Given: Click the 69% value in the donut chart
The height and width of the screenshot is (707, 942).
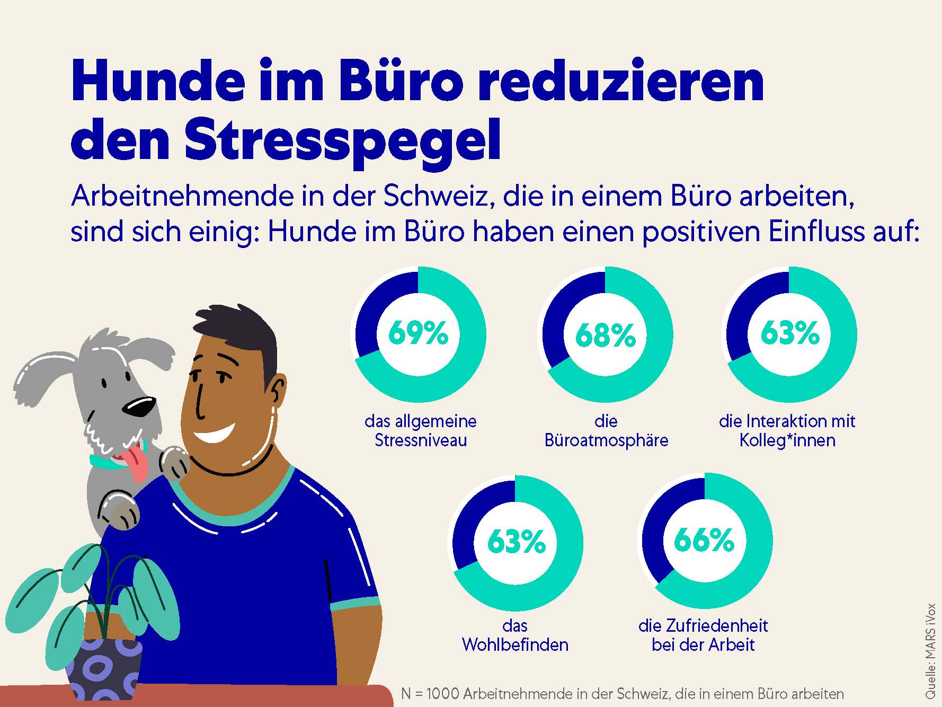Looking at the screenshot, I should pos(418,334).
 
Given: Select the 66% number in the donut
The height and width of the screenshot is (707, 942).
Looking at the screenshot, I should pos(704,541).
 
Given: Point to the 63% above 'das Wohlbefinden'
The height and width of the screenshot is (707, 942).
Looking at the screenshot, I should pos(516,542).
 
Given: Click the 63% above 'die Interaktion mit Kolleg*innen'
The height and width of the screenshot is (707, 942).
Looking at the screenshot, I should pos(790,333).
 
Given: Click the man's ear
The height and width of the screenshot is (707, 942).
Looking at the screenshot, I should pos(278,391).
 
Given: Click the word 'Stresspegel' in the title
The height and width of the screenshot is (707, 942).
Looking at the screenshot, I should pos(342,140).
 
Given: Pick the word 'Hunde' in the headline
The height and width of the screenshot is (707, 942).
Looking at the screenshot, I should pos(153,82).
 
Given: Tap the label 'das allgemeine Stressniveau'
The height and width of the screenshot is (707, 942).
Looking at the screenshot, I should pos(421,431).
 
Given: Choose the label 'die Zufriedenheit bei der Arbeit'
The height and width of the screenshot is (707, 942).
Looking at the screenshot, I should pos(703,635).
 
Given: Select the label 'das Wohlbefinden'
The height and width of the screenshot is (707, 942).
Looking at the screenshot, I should pos(515,635).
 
